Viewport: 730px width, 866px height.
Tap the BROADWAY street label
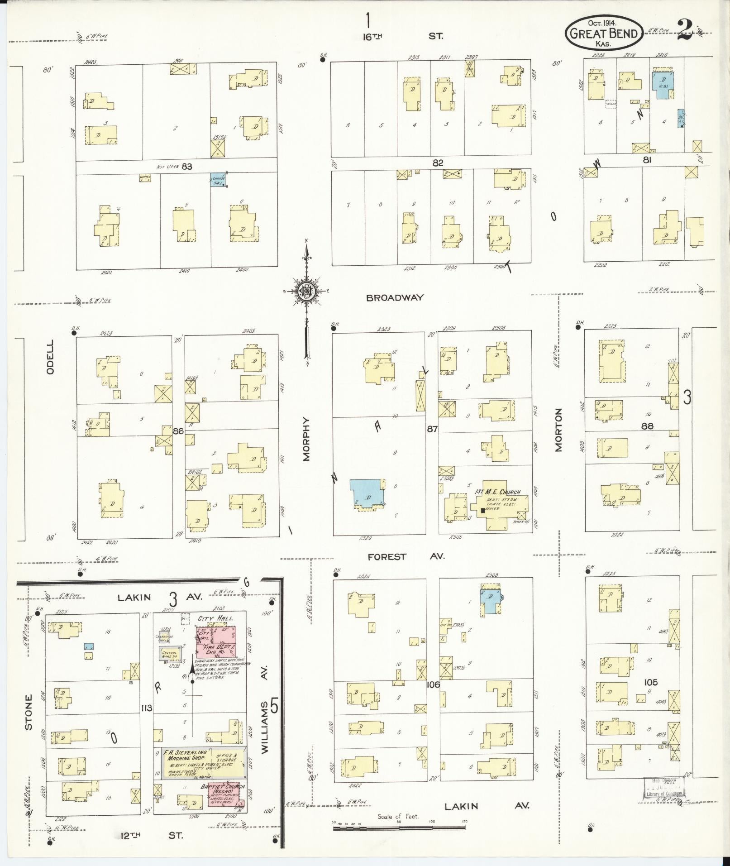(x=395, y=297)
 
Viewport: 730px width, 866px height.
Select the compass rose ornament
(x=306, y=292)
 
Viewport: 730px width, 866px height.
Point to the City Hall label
(x=215, y=618)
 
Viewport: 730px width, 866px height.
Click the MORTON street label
(x=558, y=430)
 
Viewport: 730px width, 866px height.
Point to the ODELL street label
(x=50, y=357)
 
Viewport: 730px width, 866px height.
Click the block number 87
(x=432, y=429)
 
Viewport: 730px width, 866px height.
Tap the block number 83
(x=186, y=167)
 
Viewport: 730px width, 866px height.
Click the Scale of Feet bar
(x=399, y=828)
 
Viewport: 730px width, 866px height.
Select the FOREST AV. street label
(x=406, y=556)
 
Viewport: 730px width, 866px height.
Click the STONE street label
(x=29, y=718)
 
